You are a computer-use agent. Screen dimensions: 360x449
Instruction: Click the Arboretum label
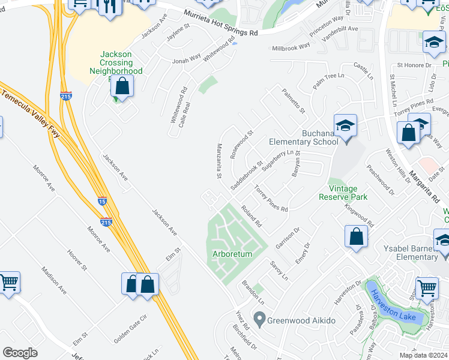tap(232, 254)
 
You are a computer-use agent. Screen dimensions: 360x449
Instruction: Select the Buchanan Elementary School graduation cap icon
tap(345, 127)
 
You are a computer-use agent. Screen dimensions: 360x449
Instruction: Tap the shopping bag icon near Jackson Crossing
tap(122, 86)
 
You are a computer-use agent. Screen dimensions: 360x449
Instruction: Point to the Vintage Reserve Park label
tap(342, 193)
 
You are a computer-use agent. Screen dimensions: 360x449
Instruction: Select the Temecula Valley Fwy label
tap(31, 115)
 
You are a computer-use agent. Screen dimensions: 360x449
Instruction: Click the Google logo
tap(20, 352)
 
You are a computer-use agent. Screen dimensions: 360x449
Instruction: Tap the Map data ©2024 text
tap(423, 355)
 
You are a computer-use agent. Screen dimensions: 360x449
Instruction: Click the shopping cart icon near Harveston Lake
tap(427, 287)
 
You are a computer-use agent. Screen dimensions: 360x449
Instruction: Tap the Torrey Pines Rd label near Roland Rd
tap(271, 199)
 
